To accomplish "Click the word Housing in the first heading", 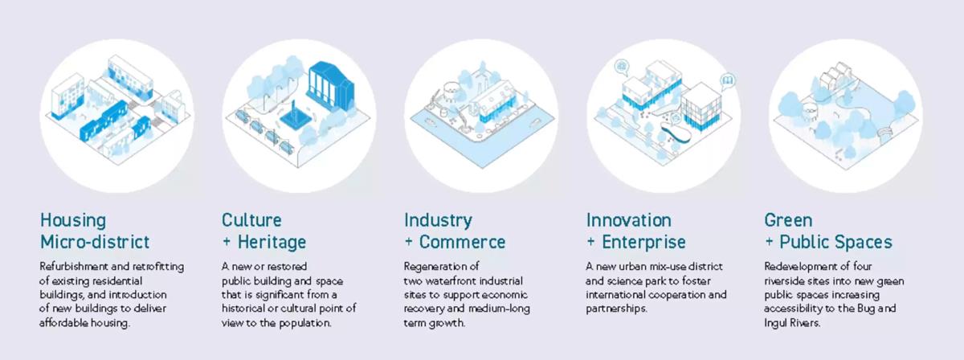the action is [x=73, y=220].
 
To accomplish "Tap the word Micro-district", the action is [x=95, y=242].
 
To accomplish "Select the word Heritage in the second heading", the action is [x=272, y=243].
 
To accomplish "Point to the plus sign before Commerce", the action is [x=408, y=243].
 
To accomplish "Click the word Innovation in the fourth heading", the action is [x=629, y=220].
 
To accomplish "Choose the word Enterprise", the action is [x=643, y=243].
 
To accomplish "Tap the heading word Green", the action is [x=788, y=220].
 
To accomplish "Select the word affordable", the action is [x=59, y=322].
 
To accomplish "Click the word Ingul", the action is [x=776, y=323].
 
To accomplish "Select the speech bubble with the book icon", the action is [x=728, y=81].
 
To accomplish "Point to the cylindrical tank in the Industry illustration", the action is [x=451, y=92].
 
